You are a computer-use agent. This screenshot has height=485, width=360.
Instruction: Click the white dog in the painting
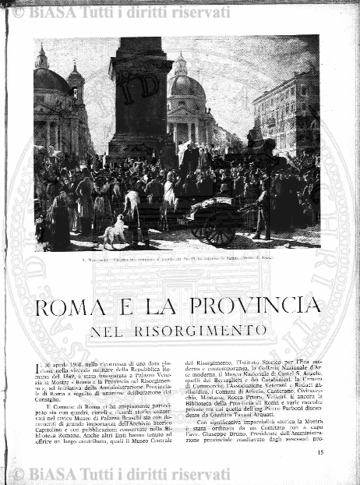115,232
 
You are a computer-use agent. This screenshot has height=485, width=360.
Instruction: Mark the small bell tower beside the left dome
76,86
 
